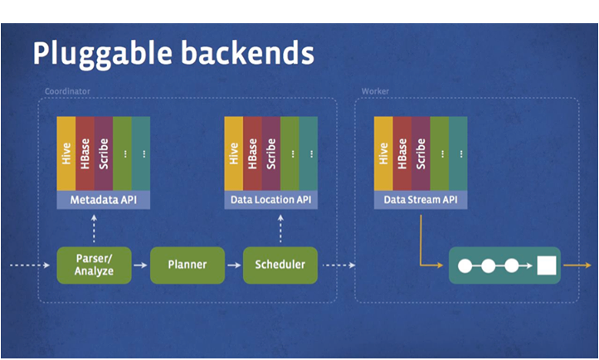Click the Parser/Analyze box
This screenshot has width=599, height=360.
(x=95, y=265)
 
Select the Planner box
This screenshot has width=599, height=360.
(x=187, y=265)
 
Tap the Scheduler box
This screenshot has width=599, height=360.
(x=280, y=265)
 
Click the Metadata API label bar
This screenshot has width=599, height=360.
(x=104, y=200)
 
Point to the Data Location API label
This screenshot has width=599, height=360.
(x=271, y=200)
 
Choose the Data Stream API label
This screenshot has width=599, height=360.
(x=421, y=200)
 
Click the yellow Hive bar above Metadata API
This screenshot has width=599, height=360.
(x=66, y=153)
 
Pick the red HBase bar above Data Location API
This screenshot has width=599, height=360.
(x=253, y=153)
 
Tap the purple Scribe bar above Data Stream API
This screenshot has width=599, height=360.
(x=421, y=153)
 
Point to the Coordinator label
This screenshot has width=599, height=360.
(x=66, y=90)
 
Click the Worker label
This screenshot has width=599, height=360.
(x=375, y=90)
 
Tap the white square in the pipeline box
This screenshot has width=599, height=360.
(x=545, y=266)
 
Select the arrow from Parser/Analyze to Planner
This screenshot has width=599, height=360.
(x=141, y=265)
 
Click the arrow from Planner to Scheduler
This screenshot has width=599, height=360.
(x=234, y=265)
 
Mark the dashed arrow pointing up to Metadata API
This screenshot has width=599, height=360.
(x=94, y=228)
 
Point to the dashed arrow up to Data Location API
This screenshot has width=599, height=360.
(x=280, y=228)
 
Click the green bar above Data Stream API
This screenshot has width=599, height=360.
(x=439, y=153)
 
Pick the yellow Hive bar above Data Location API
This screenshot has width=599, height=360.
(x=234, y=153)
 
